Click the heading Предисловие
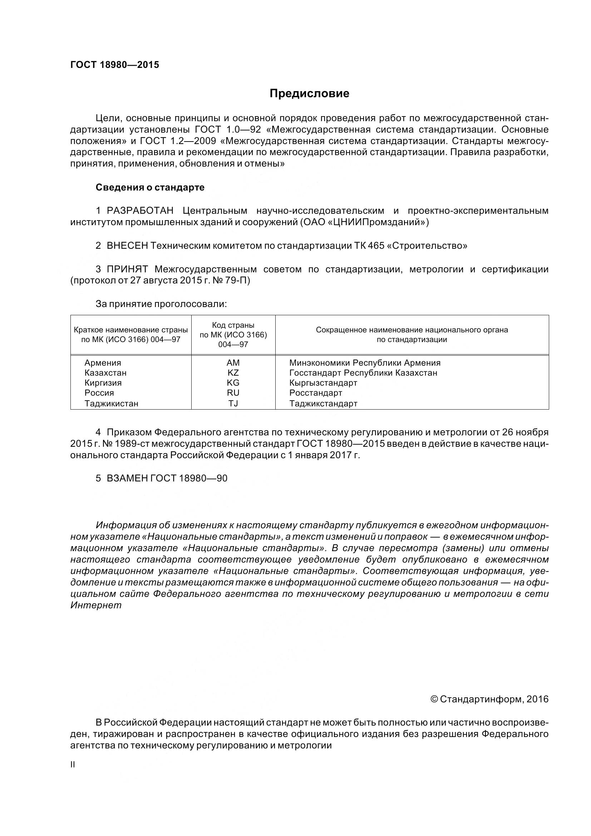point(309,94)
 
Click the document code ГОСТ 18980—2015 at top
point(115,65)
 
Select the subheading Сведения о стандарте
point(150,188)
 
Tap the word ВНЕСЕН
point(127,246)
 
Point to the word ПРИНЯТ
point(127,269)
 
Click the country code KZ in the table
point(233,373)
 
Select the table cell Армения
point(103,363)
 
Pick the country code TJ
point(233,404)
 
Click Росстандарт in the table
point(316,393)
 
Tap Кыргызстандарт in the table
point(323,383)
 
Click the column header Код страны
point(233,325)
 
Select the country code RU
point(233,393)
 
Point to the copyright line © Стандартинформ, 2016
point(489,699)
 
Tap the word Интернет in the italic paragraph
point(96,605)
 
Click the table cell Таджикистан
point(112,404)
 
